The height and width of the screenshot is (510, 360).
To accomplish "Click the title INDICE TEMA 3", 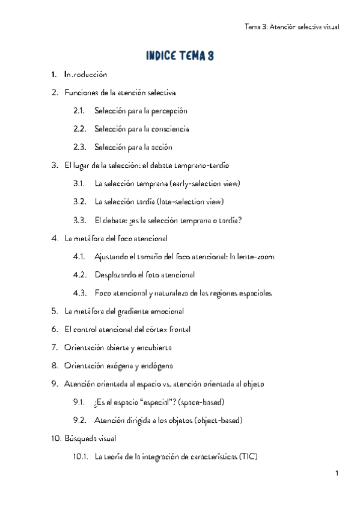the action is click(180, 56).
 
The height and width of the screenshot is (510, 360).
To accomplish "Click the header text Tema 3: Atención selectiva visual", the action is click(292, 26).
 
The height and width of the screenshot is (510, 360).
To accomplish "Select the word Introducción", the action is click(85, 75).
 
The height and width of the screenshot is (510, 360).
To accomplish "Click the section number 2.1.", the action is click(79, 111).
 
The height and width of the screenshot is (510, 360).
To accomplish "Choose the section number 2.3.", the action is click(79, 147).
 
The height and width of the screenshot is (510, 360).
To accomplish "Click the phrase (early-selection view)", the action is click(206, 184).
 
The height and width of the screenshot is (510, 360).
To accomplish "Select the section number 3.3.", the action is click(79, 220).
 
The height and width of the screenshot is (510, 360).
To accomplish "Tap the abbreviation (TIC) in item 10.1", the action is click(248, 456).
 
